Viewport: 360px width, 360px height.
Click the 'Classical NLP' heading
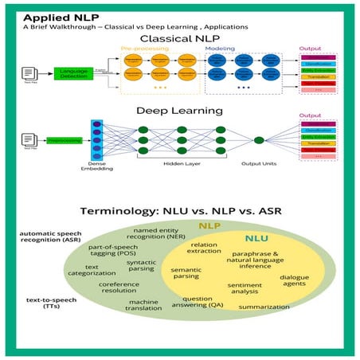tap(179, 37)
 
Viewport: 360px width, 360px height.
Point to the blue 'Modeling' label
tap(221, 49)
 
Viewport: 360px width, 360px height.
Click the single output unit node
tap(259, 140)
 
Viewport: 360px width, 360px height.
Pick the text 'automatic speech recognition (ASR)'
tap(45, 238)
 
